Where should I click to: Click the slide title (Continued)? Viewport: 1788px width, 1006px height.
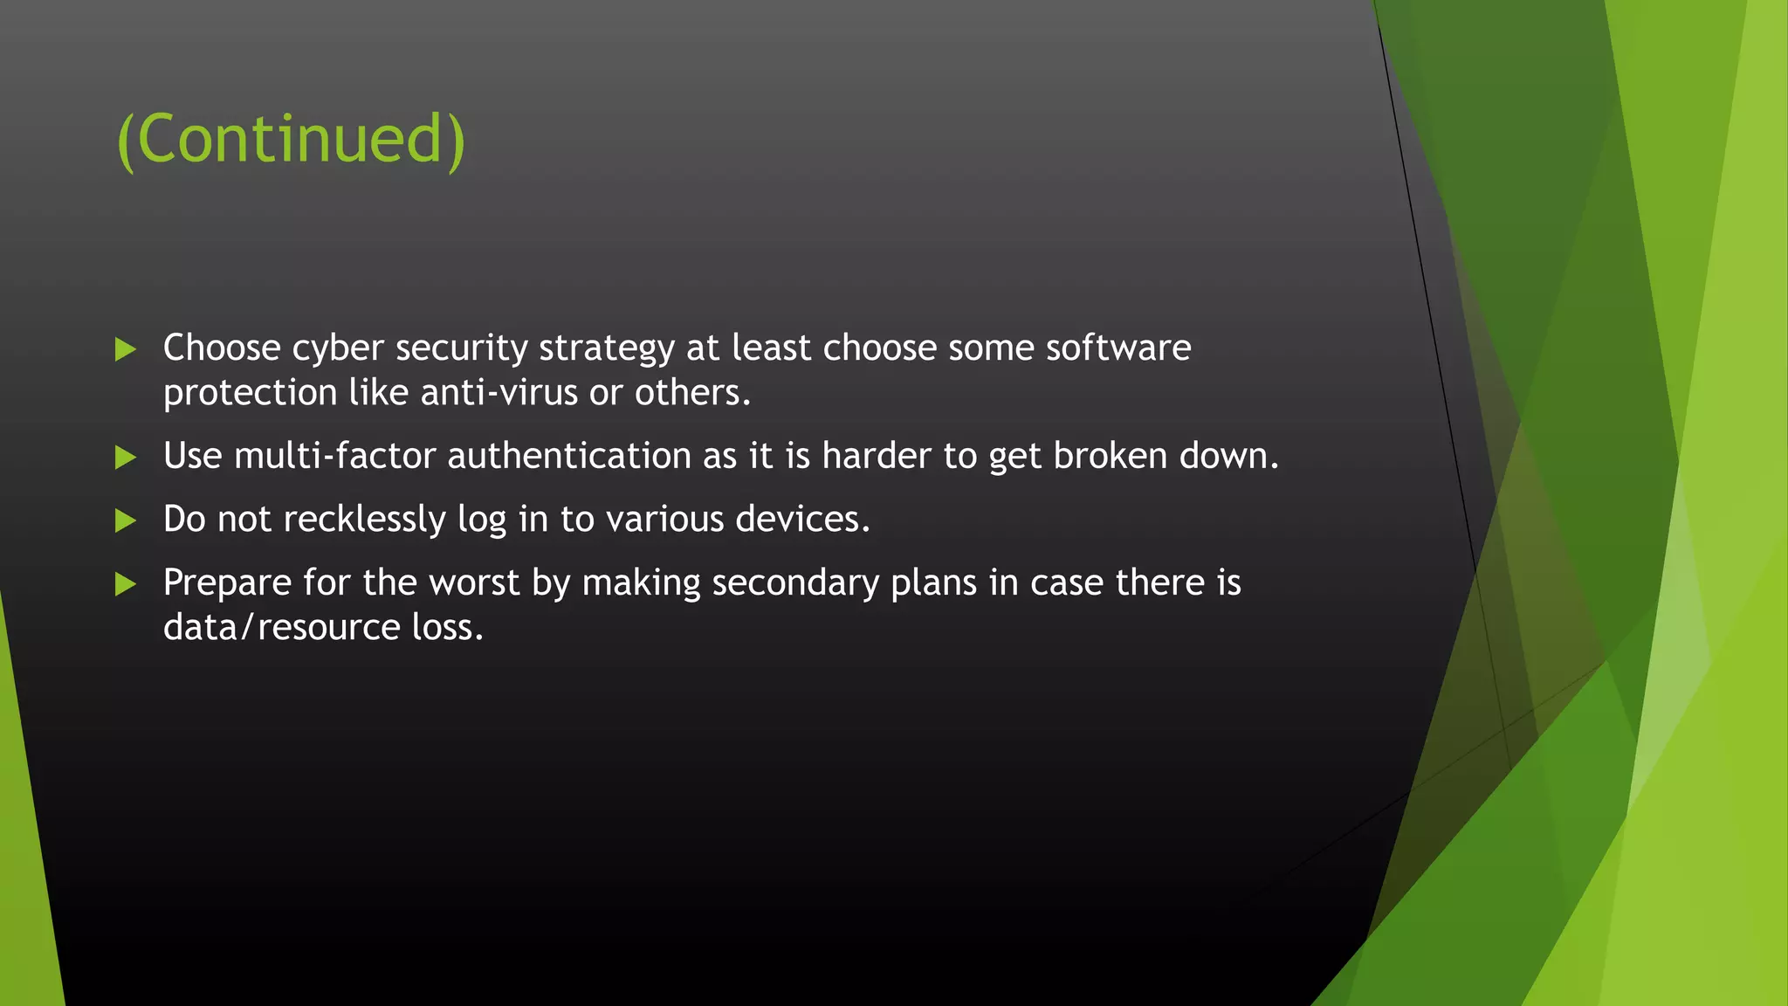(292, 140)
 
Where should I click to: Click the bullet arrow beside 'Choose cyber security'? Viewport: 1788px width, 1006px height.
(126, 349)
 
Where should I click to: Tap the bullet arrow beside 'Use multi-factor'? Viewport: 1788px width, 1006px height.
(126, 457)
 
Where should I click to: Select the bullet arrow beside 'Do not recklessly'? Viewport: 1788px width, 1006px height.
(126, 520)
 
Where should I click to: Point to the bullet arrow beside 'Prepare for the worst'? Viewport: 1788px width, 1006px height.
(126, 584)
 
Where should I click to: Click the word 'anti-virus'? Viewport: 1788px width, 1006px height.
(499, 393)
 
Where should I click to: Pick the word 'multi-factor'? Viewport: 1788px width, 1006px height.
(334, 456)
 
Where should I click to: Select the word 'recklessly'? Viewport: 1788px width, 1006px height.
(364, 520)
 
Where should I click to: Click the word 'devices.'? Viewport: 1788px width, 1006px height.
(802, 520)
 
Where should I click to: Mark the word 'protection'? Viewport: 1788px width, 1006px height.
(250, 394)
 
